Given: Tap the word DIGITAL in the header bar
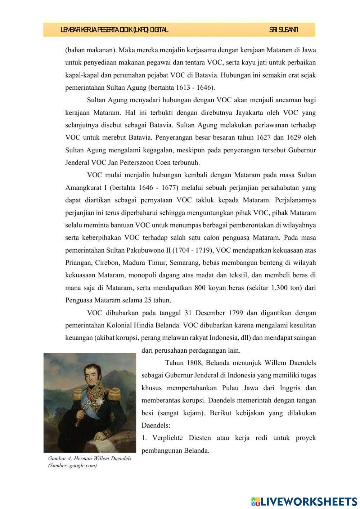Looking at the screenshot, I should coord(159,30).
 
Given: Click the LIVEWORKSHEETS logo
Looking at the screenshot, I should coord(304,501).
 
